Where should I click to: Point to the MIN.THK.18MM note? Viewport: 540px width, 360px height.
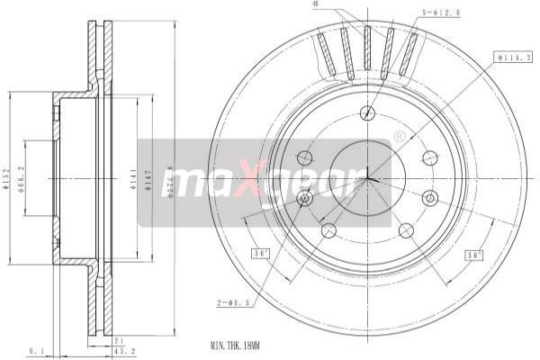pyautogui.click(x=237, y=346)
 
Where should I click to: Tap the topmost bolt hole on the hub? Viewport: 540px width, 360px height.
pyautogui.click(x=366, y=112)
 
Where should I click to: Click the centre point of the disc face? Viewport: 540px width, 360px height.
pyautogui.click(x=367, y=178)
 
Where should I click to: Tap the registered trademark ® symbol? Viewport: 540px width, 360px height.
pyautogui.click(x=399, y=137)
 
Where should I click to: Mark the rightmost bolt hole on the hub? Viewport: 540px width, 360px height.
pyautogui.click(x=429, y=197)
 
